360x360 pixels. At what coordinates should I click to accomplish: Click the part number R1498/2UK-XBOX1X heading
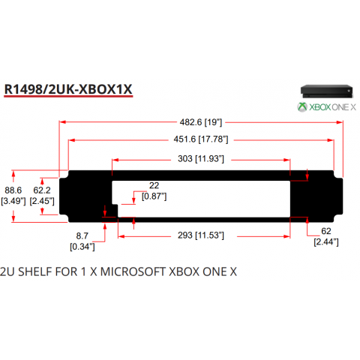click(x=68, y=89)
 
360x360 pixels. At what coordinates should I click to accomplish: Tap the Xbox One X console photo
click(x=327, y=91)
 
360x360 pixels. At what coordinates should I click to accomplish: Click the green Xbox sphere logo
click(x=302, y=107)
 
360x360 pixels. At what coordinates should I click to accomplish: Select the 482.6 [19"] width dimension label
click(x=201, y=122)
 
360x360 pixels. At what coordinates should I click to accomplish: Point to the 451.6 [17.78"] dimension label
click(x=201, y=139)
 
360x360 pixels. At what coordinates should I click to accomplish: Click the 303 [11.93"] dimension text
click(x=201, y=158)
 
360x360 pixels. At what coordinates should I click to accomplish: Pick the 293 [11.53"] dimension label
click(x=201, y=235)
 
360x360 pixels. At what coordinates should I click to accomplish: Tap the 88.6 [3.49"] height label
click(x=13, y=196)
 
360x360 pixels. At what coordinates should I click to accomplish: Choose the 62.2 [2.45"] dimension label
click(x=42, y=196)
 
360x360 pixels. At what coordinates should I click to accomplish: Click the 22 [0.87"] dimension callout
click(x=154, y=190)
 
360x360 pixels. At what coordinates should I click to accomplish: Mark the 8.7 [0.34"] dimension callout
click(x=82, y=241)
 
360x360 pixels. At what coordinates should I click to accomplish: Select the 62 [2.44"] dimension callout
click(x=326, y=236)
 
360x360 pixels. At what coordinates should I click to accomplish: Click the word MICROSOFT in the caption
click(x=133, y=271)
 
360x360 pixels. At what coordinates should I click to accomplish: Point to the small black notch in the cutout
click(x=115, y=211)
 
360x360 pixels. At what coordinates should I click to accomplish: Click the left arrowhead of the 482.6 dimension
click(x=62, y=122)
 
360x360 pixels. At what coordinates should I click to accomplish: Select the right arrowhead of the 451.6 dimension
click(x=331, y=140)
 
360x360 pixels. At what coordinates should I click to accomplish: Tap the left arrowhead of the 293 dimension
click(x=121, y=236)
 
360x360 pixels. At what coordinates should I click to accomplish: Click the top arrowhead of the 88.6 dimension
click(x=13, y=173)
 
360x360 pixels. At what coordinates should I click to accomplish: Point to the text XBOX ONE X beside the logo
click(x=332, y=107)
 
